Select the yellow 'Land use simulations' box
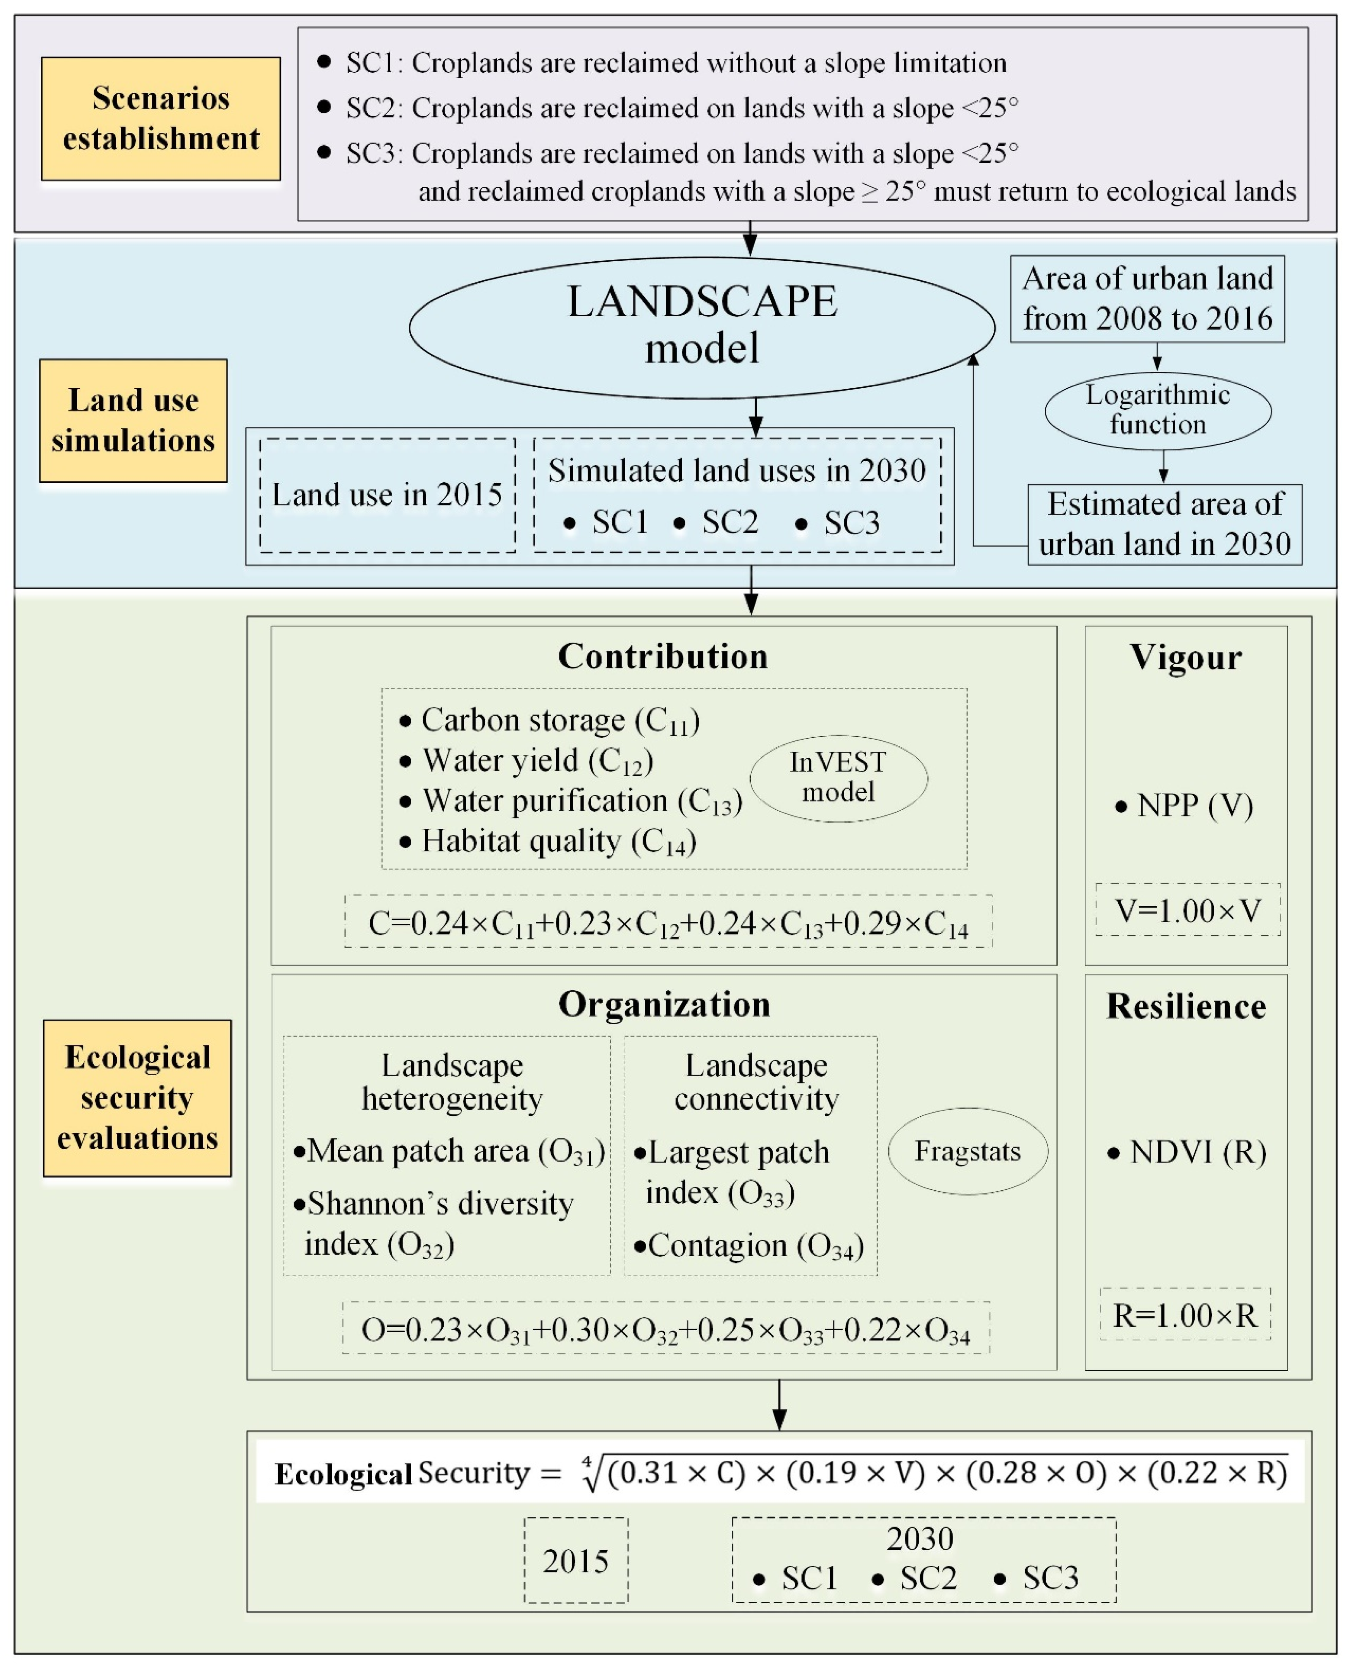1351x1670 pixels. coord(133,420)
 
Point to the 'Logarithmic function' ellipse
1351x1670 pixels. coord(1157,410)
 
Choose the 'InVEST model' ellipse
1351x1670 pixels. coord(838,777)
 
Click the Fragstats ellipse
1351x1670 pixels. coord(967,1151)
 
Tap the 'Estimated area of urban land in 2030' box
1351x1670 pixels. coord(1164,524)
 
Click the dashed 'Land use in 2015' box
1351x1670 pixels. coord(387,495)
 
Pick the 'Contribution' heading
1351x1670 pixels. coord(663,656)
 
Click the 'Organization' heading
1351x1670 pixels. coord(664,1004)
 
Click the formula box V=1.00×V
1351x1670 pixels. coord(1187,910)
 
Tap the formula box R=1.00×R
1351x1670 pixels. coord(1184,1315)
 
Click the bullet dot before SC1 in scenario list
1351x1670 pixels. coord(324,62)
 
